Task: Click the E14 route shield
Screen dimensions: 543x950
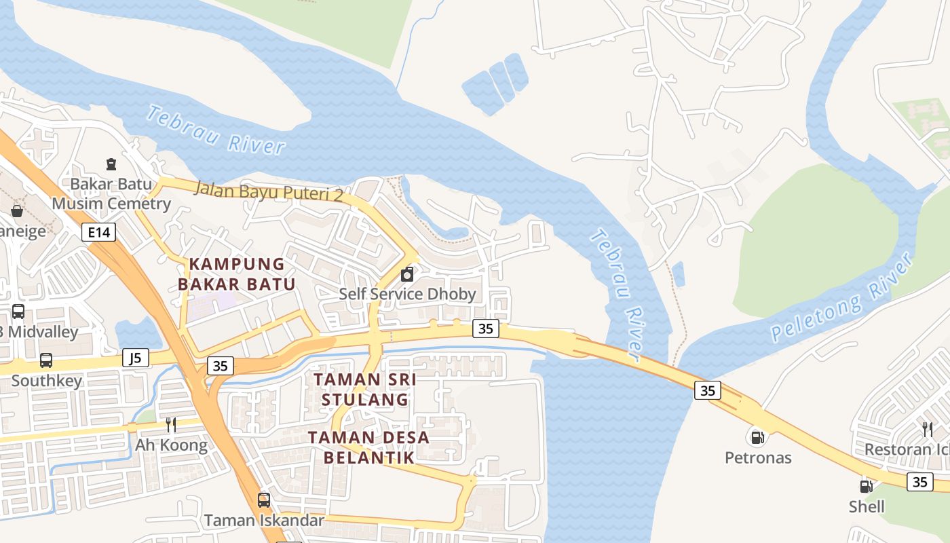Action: pos(98,233)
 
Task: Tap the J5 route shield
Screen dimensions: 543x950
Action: pos(136,358)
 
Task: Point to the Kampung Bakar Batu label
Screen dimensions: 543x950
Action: pos(237,274)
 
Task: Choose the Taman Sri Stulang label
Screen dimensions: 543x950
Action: pos(365,390)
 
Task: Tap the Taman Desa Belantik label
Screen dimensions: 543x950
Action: pos(368,447)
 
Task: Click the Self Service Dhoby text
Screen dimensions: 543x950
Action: pos(407,295)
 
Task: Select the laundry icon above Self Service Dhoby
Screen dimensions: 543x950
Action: pos(407,275)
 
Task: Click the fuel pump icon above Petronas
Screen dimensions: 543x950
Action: pos(757,437)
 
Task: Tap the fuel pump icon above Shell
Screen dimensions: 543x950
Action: pos(866,486)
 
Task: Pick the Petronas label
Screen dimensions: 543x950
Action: pos(758,457)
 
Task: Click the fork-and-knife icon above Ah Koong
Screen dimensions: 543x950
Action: pos(171,425)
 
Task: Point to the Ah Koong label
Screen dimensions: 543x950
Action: pos(171,445)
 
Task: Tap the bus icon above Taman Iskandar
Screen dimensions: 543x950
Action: pos(263,500)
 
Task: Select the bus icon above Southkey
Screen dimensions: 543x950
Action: pos(45,360)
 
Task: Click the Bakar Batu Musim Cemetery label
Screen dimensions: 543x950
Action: pos(111,193)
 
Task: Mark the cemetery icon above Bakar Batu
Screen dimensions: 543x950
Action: pos(111,164)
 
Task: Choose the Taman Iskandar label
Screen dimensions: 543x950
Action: pos(264,521)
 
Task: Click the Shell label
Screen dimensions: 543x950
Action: pos(867,506)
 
